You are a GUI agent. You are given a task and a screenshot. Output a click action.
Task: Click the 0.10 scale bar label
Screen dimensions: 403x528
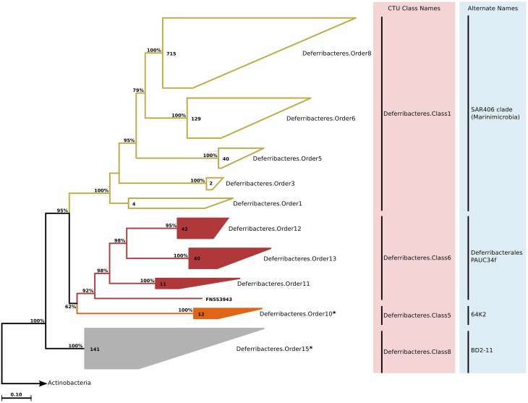[x=17, y=395]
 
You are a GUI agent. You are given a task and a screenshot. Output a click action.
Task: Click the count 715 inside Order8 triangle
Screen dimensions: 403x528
[x=171, y=54]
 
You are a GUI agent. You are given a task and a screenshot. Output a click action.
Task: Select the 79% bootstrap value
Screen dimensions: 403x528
[x=138, y=90]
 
